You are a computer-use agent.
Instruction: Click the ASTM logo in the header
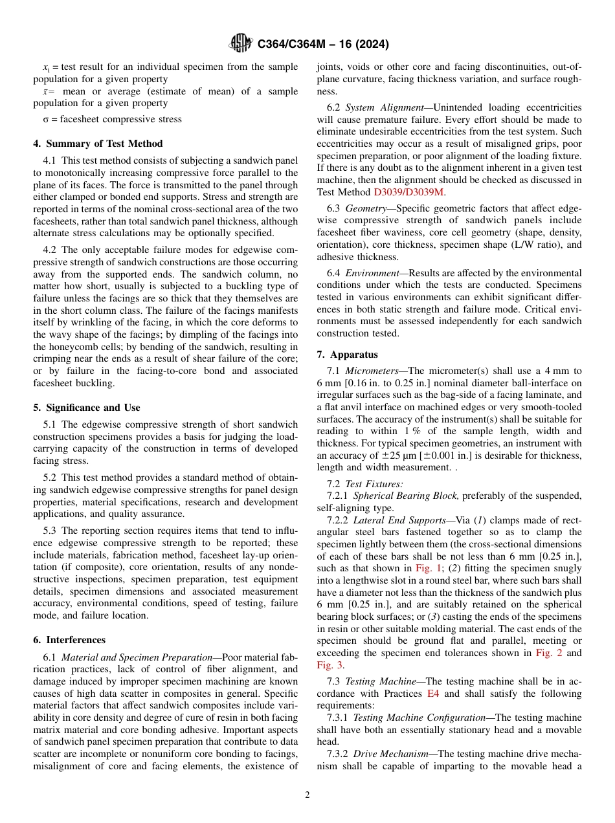point(241,44)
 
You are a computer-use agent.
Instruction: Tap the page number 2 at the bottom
point(307,795)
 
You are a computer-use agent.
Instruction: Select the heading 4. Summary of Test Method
point(98,144)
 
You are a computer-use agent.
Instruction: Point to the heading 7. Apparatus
point(348,355)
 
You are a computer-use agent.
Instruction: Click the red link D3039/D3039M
point(408,192)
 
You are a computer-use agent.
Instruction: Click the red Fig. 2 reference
point(549,653)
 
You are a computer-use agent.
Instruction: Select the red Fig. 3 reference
point(330,664)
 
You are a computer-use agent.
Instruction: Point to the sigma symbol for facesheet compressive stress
point(45,119)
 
